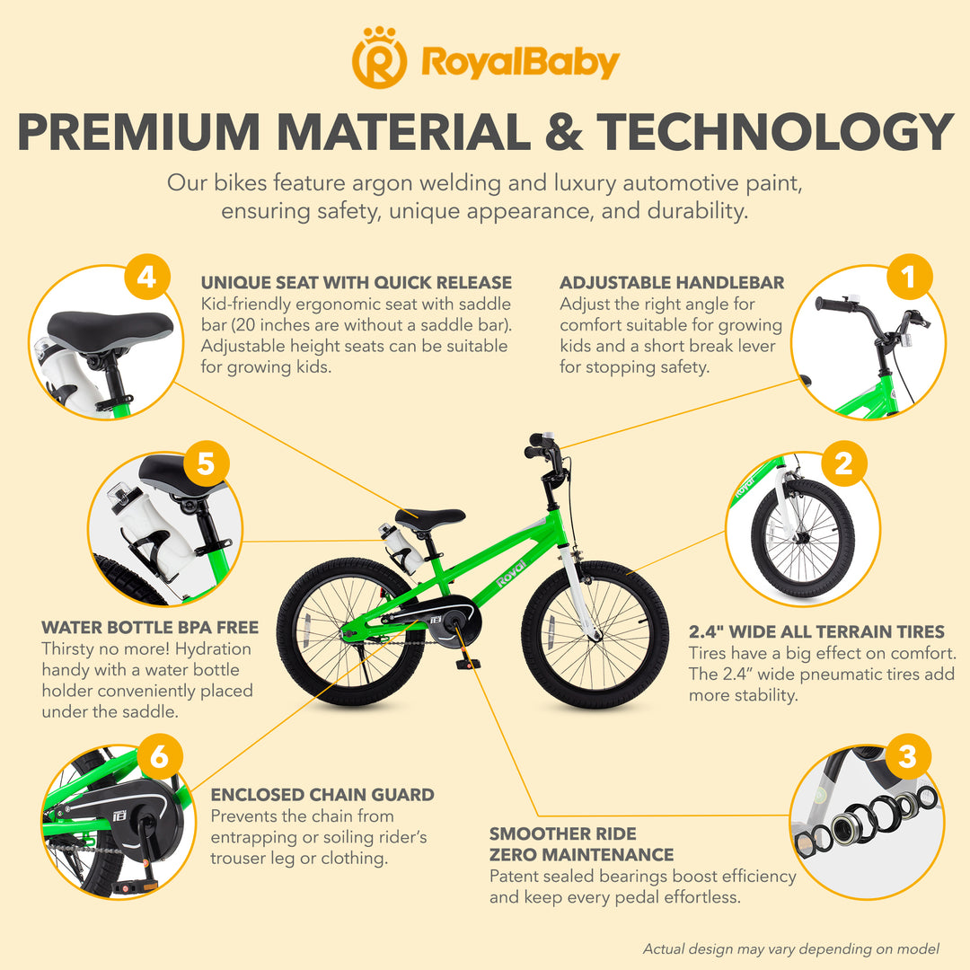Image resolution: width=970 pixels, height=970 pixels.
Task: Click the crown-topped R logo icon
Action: [x=379, y=57]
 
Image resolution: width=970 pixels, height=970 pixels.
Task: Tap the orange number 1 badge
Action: [x=909, y=277]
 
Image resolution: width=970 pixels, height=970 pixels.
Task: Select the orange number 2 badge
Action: [x=843, y=463]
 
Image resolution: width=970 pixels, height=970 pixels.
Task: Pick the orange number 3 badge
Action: [x=907, y=756]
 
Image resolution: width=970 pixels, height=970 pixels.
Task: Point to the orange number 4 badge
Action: [x=146, y=277]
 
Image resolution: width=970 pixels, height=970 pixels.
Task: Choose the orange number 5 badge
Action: [x=206, y=463]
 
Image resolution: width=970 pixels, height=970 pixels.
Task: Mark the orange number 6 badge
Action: [x=159, y=756]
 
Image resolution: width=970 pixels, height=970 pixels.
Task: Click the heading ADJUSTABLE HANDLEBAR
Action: [x=672, y=283]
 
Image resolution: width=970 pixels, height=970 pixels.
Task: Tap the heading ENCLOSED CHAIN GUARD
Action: [x=322, y=795]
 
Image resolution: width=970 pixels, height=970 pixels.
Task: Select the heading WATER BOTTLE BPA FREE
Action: [x=150, y=627]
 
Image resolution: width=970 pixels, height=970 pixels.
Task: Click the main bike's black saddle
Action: [x=430, y=518]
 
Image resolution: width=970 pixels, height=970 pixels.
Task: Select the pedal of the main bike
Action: [x=468, y=664]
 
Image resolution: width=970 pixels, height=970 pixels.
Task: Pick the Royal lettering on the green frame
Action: [x=512, y=573]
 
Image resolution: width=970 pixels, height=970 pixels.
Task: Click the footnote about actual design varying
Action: [x=790, y=949]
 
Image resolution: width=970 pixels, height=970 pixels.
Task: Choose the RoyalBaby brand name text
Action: [x=520, y=63]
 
